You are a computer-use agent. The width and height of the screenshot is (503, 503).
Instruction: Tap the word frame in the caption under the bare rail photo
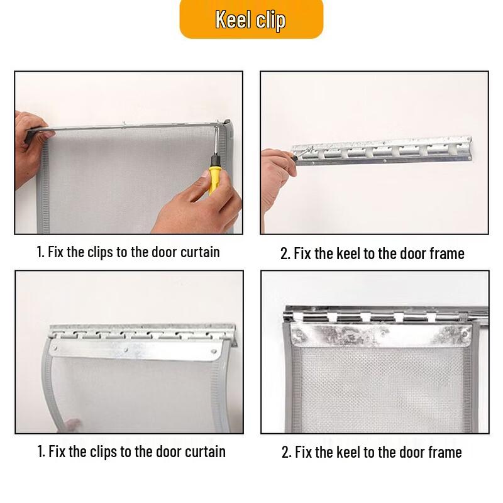(447, 253)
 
